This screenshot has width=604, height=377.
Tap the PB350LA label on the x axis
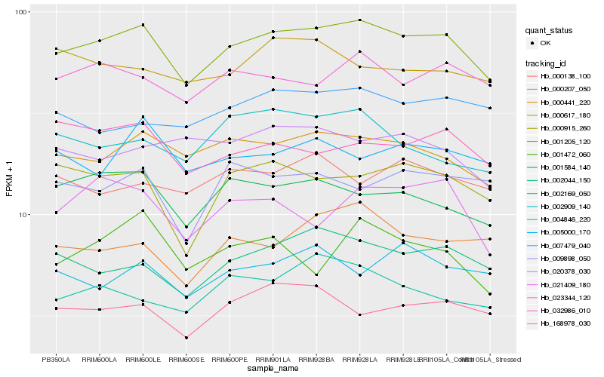click(56, 359)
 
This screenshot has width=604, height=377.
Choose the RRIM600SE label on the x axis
click(186, 359)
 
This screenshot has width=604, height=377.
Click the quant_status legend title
click(550, 31)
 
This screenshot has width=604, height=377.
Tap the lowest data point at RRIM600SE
click(186, 338)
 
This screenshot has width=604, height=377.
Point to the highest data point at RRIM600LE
click(143, 25)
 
